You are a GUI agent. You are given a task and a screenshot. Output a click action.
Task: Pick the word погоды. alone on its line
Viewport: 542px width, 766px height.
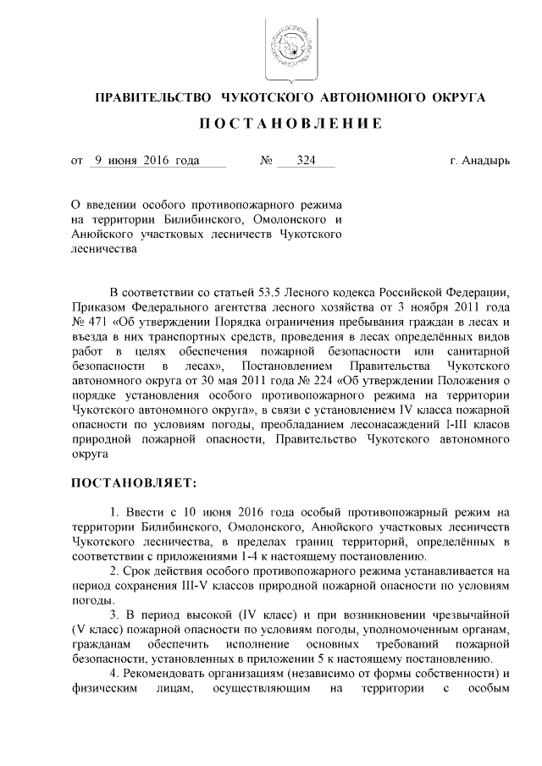[x=91, y=600]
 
